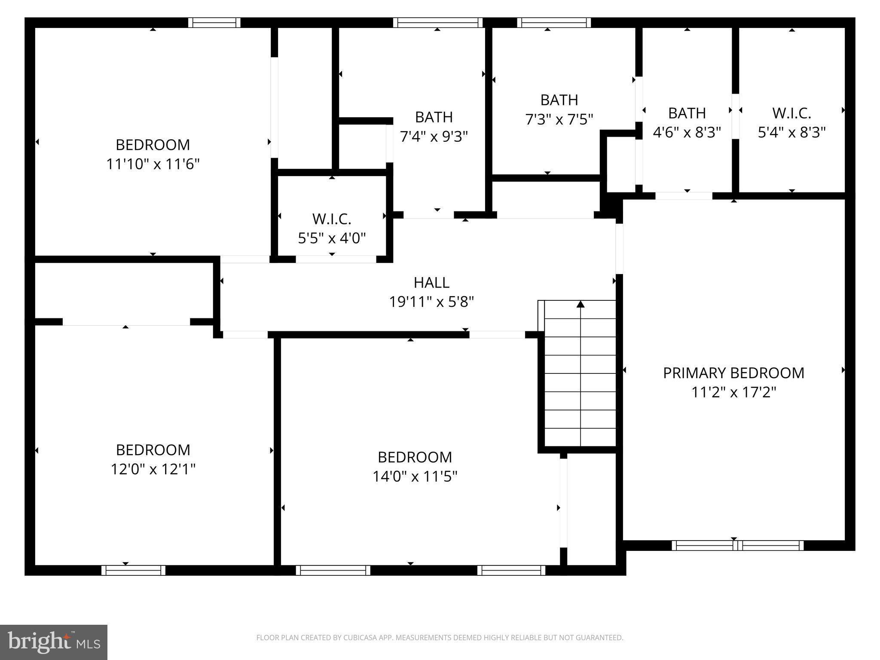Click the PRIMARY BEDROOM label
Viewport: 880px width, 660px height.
pyautogui.click(x=733, y=373)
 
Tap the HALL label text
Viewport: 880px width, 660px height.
pyautogui.click(x=431, y=282)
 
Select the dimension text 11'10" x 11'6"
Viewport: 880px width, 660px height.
pyautogui.click(x=153, y=164)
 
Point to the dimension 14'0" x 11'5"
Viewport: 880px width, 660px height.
pyautogui.click(x=415, y=476)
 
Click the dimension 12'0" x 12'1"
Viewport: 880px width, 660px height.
pyautogui.click(x=153, y=469)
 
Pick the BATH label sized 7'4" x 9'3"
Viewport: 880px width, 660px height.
pyautogui.click(x=434, y=117)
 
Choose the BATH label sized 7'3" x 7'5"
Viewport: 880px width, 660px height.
pyautogui.click(x=559, y=100)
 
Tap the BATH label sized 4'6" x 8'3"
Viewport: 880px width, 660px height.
pyautogui.click(x=687, y=113)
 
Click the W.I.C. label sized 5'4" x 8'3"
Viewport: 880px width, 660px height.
pyautogui.click(x=791, y=113)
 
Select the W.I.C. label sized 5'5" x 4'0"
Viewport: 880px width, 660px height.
pyautogui.click(x=332, y=219)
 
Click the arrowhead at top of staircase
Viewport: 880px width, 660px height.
pyautogui.click(x=581, y=304)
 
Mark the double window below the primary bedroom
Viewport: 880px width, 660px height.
pyautogui.click(x=737, y=545)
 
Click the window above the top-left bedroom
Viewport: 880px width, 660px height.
pyautogui.click(x=214, y=22)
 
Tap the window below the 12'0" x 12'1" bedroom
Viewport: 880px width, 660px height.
pyautogui.click(x=133, y=570)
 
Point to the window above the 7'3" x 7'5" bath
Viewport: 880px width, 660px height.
pyautogui.click(x=553, y=22)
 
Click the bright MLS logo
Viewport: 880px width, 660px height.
pyautogui.click(x=54, y=642)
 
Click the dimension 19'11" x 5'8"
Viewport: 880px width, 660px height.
pyautogui.click(x=431, y=302)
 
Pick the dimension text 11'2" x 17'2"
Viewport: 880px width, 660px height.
pyautogui.click(x=733, y=392)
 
